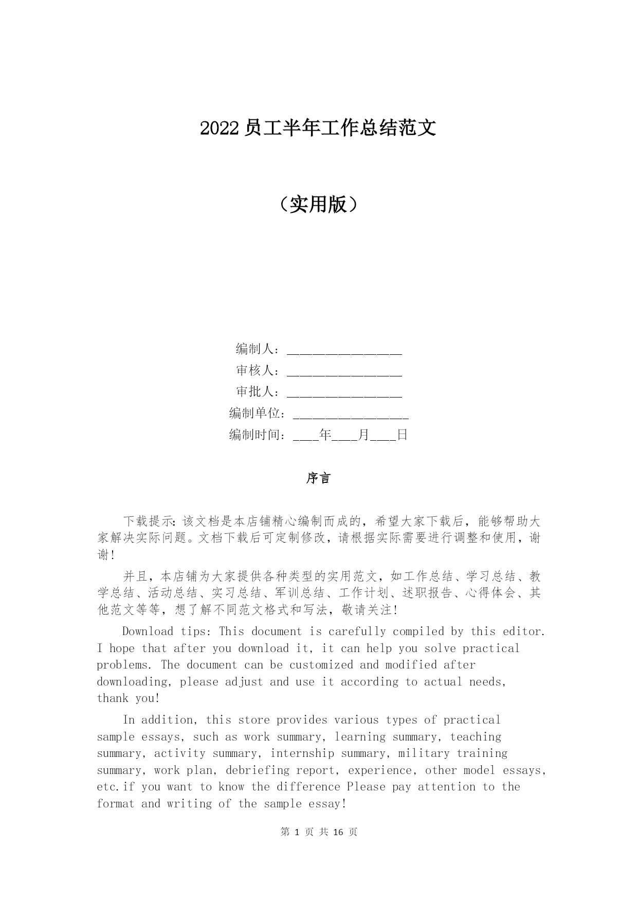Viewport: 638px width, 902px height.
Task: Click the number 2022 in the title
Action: [220, 129]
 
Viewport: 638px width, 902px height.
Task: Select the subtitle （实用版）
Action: [319, 205]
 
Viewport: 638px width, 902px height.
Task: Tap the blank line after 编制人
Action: [344, 351]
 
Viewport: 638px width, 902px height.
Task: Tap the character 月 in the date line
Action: [363, 435]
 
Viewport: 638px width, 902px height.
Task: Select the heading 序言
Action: [319, 478]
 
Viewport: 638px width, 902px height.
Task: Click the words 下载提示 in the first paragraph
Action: [149, 521]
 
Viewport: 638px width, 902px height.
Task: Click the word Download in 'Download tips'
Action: [148, 632]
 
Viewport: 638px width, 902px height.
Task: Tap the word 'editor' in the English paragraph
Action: [523, 632]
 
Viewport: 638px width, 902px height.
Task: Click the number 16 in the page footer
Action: [338, 832]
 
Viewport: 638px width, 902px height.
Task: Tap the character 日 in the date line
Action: [402, 435]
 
